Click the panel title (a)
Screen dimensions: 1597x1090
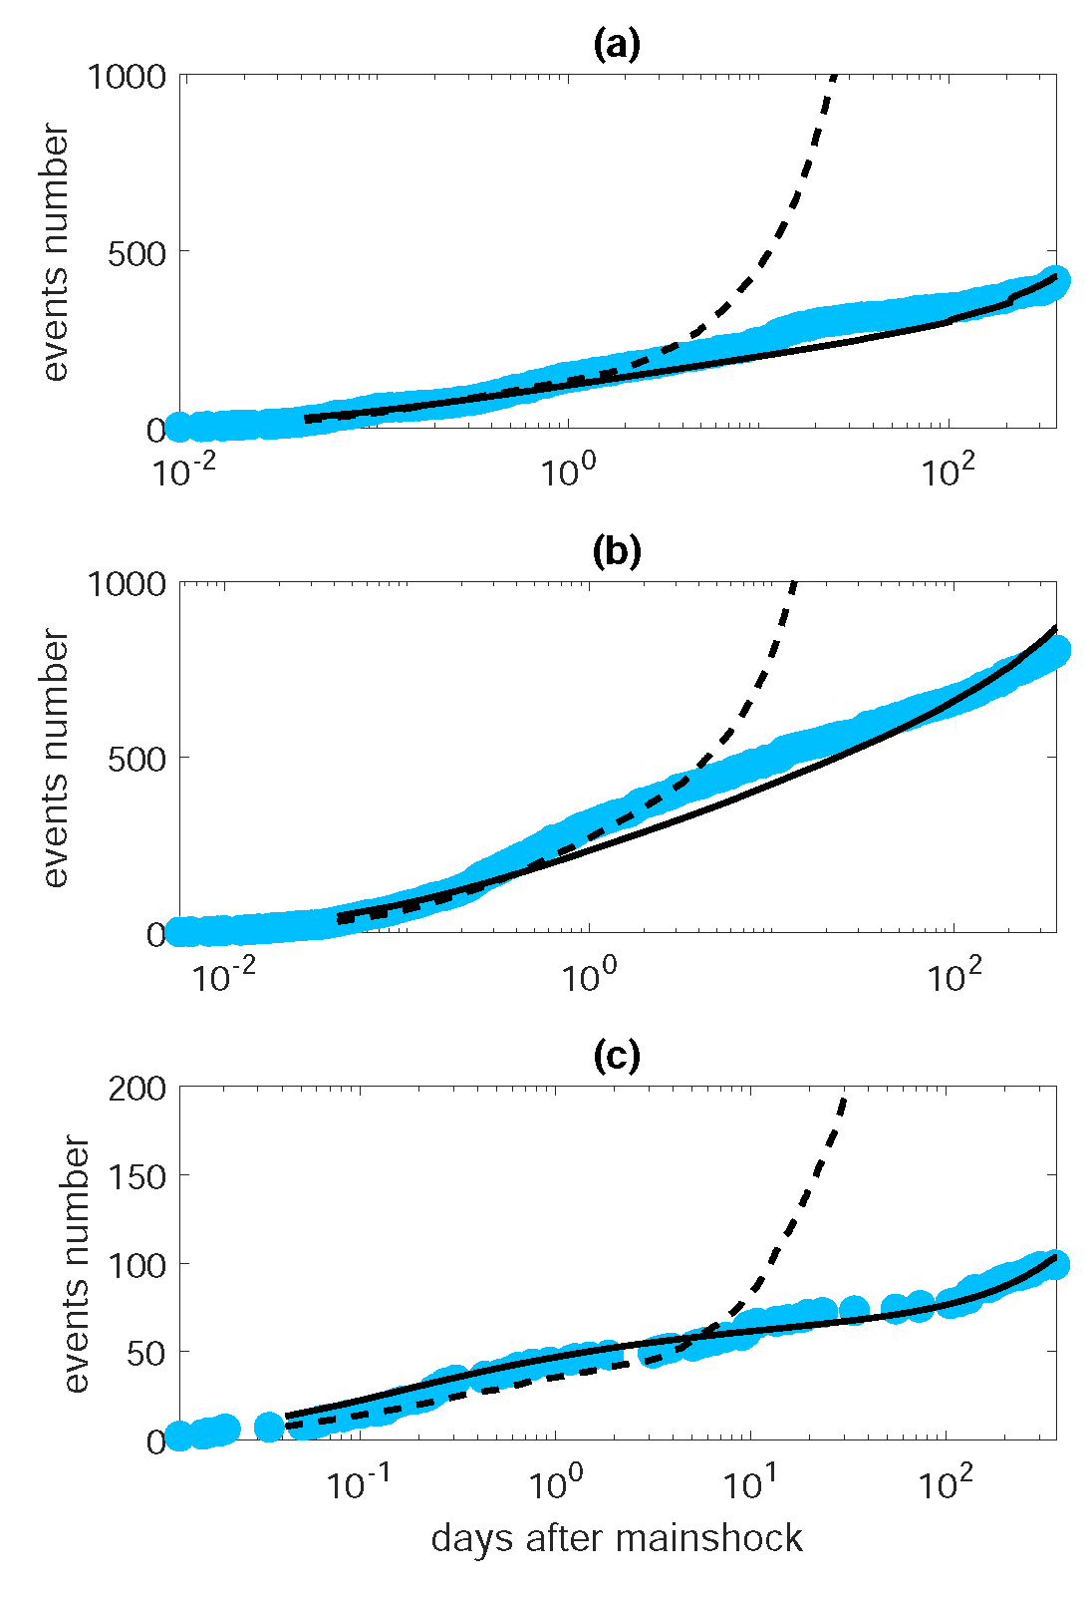(x=616, y=45)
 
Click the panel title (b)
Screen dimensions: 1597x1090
(x=616, y=551)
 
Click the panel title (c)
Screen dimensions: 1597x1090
(x=616, y=1056)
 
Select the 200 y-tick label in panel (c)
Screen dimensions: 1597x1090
(x=138, y=1088)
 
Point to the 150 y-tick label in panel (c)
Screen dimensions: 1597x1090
(x=138, y=1176)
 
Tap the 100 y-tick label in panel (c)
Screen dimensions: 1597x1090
(x=138, y=1264)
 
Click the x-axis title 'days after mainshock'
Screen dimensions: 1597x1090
(x=617, y=1538)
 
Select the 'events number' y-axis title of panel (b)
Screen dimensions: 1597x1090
(x=56, y=759)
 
